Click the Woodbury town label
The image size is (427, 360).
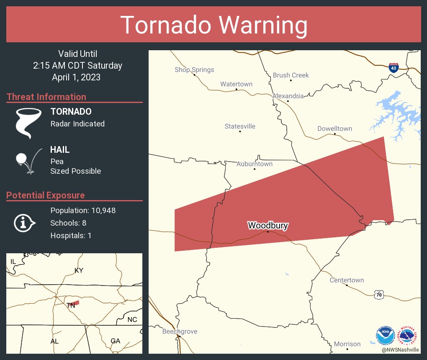[268, 226]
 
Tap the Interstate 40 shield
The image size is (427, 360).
[394, 67]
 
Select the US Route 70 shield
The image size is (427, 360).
[379, 295]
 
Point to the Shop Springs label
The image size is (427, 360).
[194, 70]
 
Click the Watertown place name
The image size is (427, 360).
[237, 84]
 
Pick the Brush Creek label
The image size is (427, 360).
[291, 75]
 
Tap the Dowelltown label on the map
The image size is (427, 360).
[334, 129]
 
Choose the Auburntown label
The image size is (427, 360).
[255, 164]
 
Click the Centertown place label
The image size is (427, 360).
[347, 280]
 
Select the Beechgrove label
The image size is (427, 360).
[180, 332]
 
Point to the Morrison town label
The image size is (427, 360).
[347, 344]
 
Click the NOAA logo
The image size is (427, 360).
[385, 335]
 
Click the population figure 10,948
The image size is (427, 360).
[100, 210]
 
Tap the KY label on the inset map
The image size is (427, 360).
[79, 270]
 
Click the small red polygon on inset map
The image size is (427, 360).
[74, 302]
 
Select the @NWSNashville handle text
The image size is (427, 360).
[400, 350]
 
